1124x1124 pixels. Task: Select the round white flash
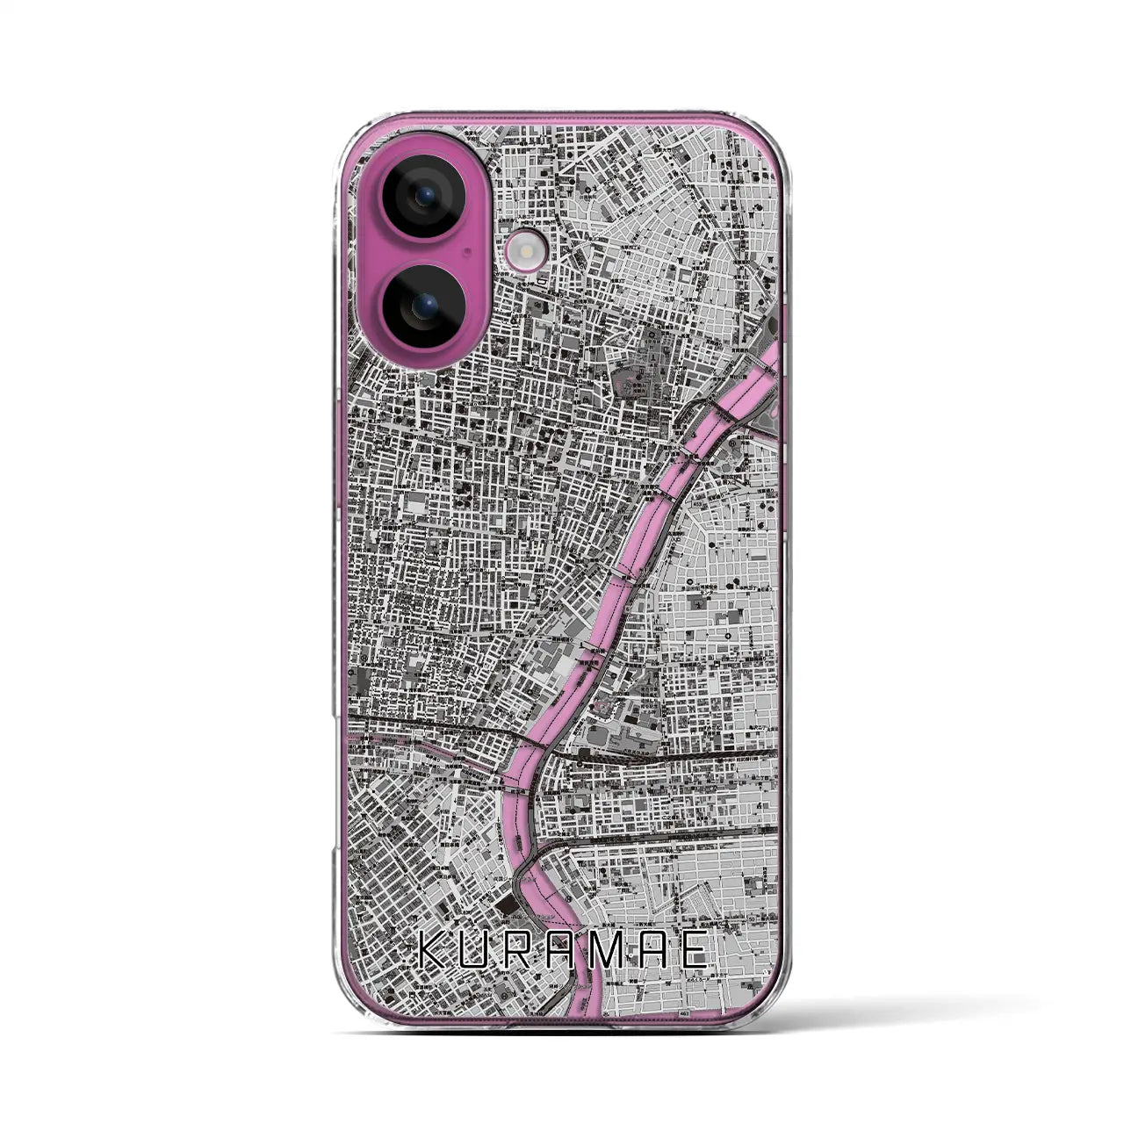pyautogui.click(x=515, y=253)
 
